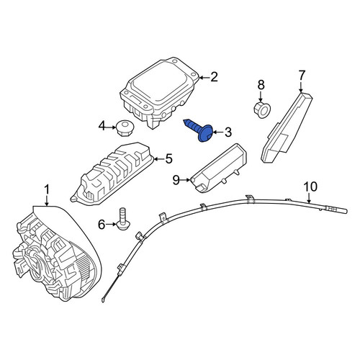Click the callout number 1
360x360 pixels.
pos(47,189)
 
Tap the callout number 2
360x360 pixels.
pos(213,77)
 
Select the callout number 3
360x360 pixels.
pos(228,132)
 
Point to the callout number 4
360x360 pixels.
pos(102,126)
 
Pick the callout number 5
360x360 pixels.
pos(168,158)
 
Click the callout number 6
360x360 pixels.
pos(102,225)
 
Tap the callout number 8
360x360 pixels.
pos(261,85)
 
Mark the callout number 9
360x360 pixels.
pos(176,180)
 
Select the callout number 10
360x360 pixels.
pos(310,187)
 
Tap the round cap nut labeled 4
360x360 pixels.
pos(125,128)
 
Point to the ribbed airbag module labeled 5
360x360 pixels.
pos(113,173)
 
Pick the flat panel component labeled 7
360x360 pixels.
pos(287,127)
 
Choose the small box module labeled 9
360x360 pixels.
pos(218,168)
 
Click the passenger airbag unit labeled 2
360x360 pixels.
pos(160,92)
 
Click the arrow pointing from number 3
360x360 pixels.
pos(218,132)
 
